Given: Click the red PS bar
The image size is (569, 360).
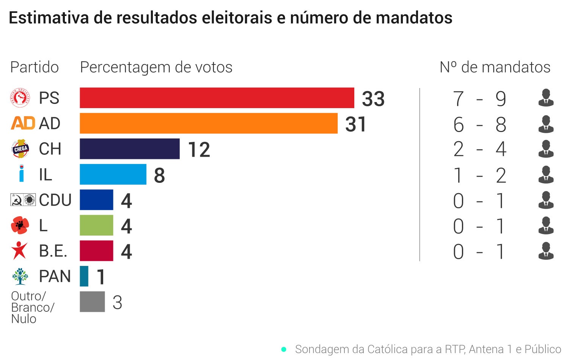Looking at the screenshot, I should (x=217, y=98).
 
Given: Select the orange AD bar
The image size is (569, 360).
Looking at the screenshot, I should (x=208, y=123).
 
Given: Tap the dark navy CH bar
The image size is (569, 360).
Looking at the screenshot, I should (x=129, y=149).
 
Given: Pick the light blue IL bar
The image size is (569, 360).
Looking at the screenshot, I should (x=113, y=174).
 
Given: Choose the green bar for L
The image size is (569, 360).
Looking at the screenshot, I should (x=96, y=225).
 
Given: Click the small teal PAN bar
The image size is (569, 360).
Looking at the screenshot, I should (x=84, y=276).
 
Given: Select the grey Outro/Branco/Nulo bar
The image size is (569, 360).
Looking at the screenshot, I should (x=92, y=302).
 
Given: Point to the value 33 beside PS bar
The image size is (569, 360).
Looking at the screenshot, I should (x=373, y=99).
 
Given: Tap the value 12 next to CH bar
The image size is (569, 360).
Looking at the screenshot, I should (x=199, y=150).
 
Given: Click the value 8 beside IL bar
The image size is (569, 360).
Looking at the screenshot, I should (x=159, y=176).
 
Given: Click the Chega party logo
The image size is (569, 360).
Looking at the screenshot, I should (x=20, y=149).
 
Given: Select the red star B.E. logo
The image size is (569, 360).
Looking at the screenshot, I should (x=19, y=251).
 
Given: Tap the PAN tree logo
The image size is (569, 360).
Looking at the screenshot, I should (x=20, y=276).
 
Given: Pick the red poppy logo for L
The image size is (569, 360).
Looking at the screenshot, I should (x=20, y=225).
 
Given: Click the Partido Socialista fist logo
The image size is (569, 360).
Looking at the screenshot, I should (x=20, y=98).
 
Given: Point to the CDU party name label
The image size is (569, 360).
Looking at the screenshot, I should (x=55, y=200).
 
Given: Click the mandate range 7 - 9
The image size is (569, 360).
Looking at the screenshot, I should (x=479, y=99).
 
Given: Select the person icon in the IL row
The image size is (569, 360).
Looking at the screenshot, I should (x=546, y=174).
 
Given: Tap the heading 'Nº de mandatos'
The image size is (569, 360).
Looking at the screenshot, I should (x=495, y=67).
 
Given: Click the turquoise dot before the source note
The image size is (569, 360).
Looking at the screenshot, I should (x=284, y=349).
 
